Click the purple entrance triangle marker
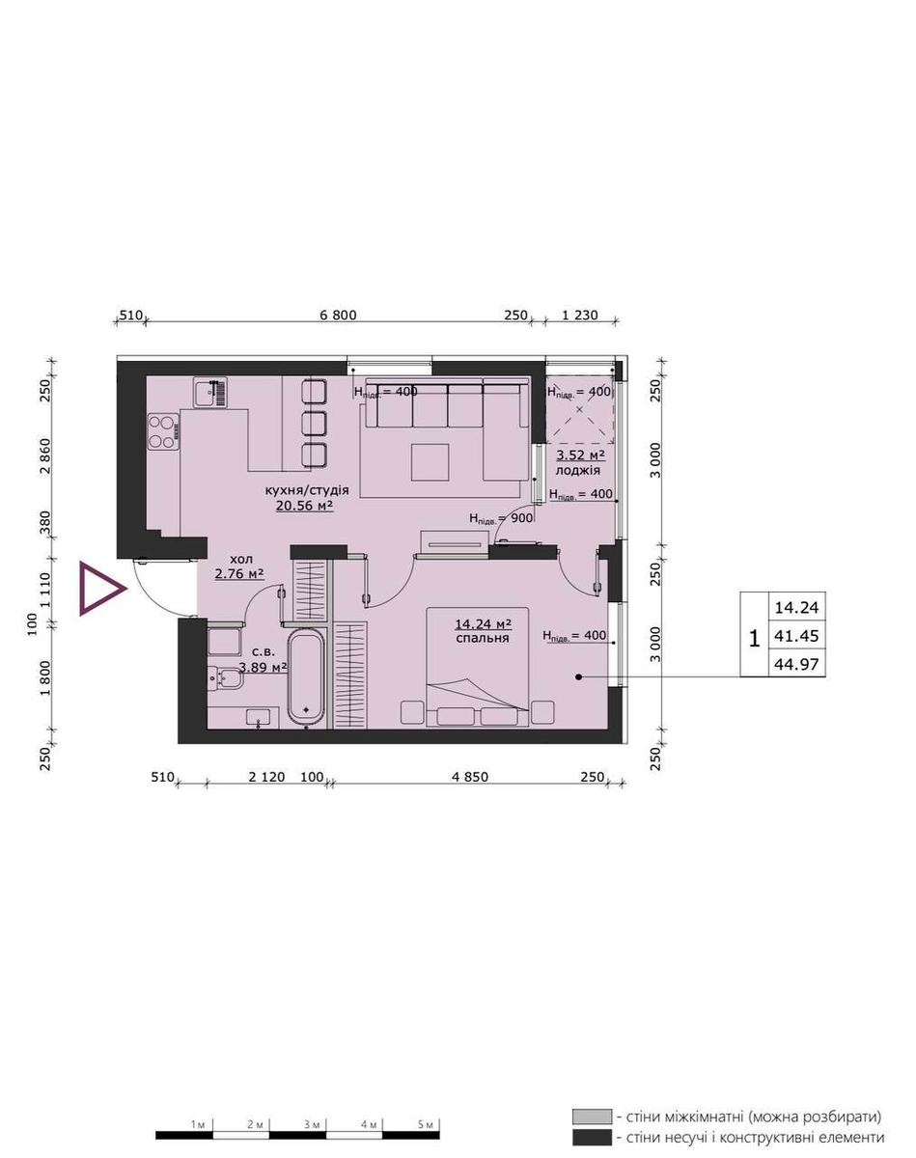tap(99, 588)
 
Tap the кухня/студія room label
tap(306, 490)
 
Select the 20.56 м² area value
tap(305, 506)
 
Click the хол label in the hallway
tap(240, 559)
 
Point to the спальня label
tap(483, 638)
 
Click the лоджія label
tap(578, 470)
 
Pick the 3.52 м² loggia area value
tap(580, 455)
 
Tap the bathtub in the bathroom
tap(306, 676)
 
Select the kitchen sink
tap(210, 392)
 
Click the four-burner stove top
tap(163, 431)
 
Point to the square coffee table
tap(430, 462)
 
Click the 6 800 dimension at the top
tap(338, 315)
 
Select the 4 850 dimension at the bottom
tap(470, 777)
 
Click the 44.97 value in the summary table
tap(796, 665)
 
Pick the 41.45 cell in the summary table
tap(796, 637)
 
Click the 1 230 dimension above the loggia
tap(580, 315)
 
